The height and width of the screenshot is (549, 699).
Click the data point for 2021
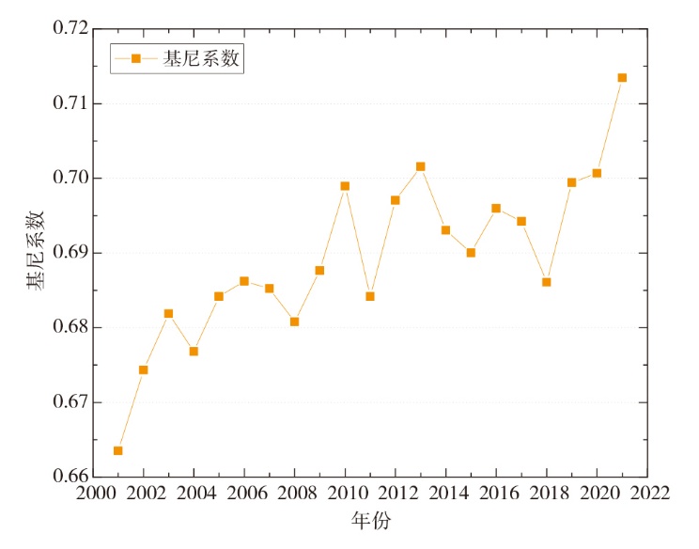(x=622, y=78)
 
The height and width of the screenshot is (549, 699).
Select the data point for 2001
(x=118, y=450)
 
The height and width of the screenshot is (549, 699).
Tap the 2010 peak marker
(x=345, y=186)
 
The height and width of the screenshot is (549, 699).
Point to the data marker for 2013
(x=420, y=166)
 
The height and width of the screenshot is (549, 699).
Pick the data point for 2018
(x=546, y=282)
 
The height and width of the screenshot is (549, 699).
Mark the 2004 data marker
(x=194, y=352)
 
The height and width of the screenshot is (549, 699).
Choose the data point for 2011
(x=370, y=296)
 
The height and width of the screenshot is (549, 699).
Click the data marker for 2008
(x=294, y=322)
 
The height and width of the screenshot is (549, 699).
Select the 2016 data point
(x=496, y=209)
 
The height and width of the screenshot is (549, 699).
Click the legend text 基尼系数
(x=200, y=58)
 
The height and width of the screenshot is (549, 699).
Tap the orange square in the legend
(x=135, y=58)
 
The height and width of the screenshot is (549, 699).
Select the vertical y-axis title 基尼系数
(x=35, y=252)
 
